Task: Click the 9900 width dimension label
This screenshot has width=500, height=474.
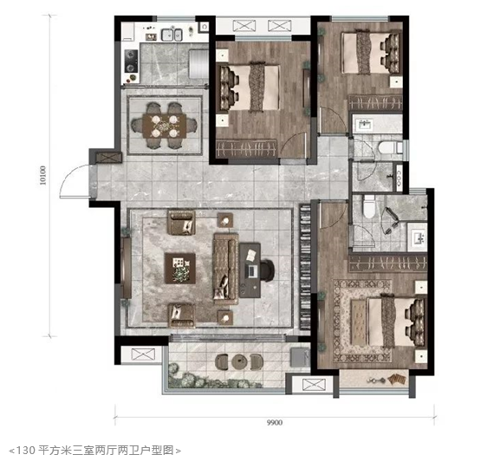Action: [x=275, y=423]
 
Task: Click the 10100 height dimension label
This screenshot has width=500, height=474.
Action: [x=42, y=175]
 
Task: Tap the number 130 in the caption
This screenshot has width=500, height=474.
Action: [x=25, y=451]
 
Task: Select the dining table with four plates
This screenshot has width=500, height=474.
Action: [x=165, y=126]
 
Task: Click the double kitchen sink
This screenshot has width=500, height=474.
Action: [x=172, y=35]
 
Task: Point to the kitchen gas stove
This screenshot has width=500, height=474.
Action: [x=131, y=61]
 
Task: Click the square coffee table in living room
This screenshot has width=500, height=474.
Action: [x=180, y=269]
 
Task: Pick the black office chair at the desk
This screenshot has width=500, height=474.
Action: [x=267, y=270]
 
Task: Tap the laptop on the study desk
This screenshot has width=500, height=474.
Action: [x=252, y=271]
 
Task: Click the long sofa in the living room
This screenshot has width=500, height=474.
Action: [x=225, y=269]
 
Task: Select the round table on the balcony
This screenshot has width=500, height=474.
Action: [x=239, y=361]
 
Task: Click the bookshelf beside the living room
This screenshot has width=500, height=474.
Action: [x=305, y=267]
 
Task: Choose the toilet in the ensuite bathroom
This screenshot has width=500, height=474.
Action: [x=369, y=207]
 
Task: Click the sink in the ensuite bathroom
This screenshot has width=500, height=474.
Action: [x=417, y=237]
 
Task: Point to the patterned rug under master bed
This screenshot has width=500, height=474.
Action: [x=361, y=321]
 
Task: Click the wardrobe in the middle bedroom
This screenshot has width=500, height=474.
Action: [x=246, y=149]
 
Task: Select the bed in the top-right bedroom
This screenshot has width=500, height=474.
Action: [x=370, y=53]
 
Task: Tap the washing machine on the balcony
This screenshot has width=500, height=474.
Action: [x=300, y=357]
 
